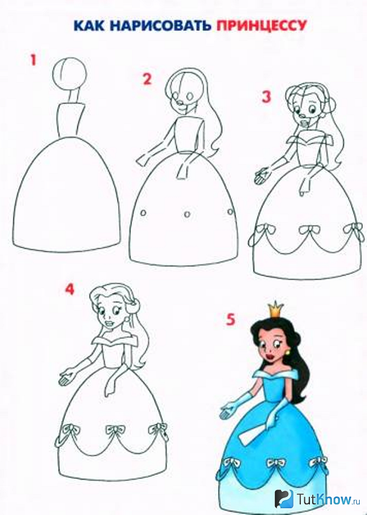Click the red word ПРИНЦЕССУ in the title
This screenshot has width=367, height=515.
(261, 25)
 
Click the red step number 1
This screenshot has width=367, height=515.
(33, 60)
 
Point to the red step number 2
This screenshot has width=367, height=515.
(147, 79)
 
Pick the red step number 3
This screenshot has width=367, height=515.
(266, 97)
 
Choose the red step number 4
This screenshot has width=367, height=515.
(69, 289)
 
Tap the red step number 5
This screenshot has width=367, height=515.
(230, 319)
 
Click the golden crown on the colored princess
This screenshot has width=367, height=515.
(276, 309)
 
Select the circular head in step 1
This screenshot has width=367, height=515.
(69, 73)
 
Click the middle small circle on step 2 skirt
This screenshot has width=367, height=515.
(187, 214)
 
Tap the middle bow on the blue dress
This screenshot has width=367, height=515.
(276, 464)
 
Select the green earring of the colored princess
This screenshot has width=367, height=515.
(290, 353)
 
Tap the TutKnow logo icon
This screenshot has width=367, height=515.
(284, 499)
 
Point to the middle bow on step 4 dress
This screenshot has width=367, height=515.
(115, 430)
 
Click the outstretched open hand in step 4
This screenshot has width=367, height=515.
(67, 377)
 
